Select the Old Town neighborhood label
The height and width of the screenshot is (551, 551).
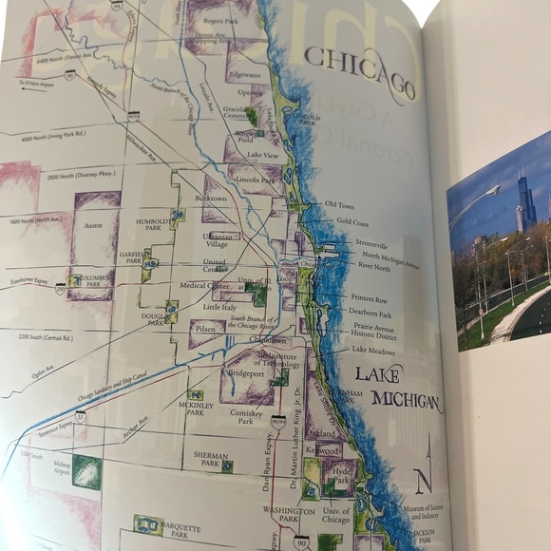tap(338, 204)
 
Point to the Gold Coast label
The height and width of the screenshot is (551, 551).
tap(352, 222)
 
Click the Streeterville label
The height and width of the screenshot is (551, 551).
tap(371, 244)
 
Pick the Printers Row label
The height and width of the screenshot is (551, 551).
tap(369, 298)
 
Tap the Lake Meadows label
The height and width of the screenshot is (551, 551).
tap(373, 350)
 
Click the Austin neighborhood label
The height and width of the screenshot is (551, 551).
tap(93, 228)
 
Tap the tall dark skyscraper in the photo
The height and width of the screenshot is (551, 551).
tap(523, 201)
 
